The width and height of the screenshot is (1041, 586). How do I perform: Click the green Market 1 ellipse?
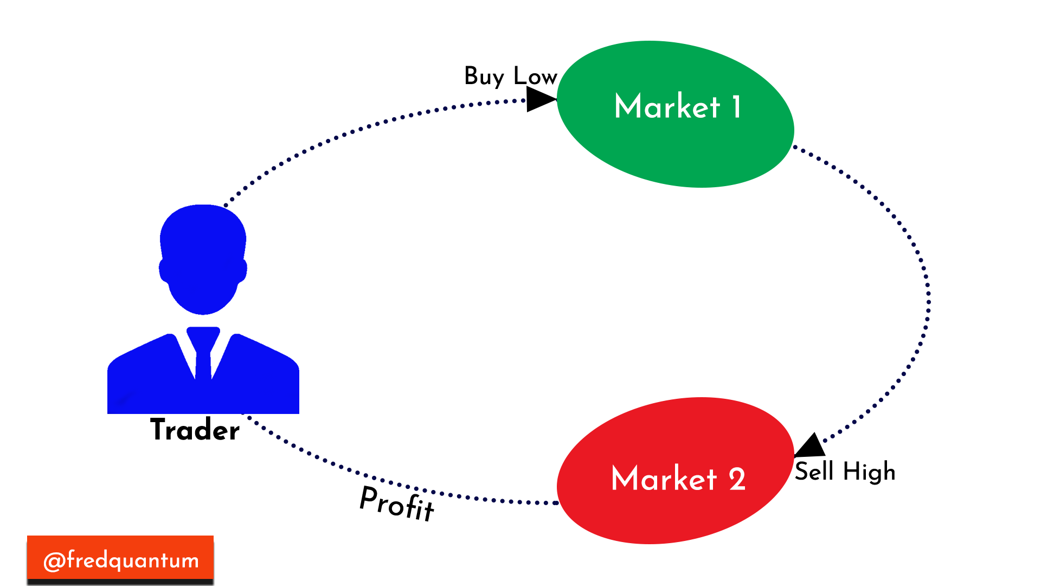pos(676,114)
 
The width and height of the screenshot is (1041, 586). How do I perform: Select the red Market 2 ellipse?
pos(676,470)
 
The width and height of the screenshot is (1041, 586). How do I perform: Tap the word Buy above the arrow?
pos(484,77)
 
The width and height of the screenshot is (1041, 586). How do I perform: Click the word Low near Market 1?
pos(535,76)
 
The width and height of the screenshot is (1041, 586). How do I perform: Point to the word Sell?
pos(814,470)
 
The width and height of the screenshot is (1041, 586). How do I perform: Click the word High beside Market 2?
pos(869,472)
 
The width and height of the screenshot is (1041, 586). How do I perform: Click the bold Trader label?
pos(195,430)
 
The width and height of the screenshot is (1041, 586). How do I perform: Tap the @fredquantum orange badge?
pos(120,559)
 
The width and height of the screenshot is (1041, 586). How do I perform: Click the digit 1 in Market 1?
pos(736,106)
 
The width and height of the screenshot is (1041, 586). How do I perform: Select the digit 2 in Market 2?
pos(737,479)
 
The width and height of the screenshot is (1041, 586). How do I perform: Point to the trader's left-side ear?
pos(163,270)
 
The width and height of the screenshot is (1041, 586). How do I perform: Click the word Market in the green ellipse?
pos(667,106)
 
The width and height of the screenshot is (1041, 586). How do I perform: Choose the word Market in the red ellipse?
pos(664,478)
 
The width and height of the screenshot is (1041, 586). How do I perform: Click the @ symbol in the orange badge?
pos(54,561)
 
